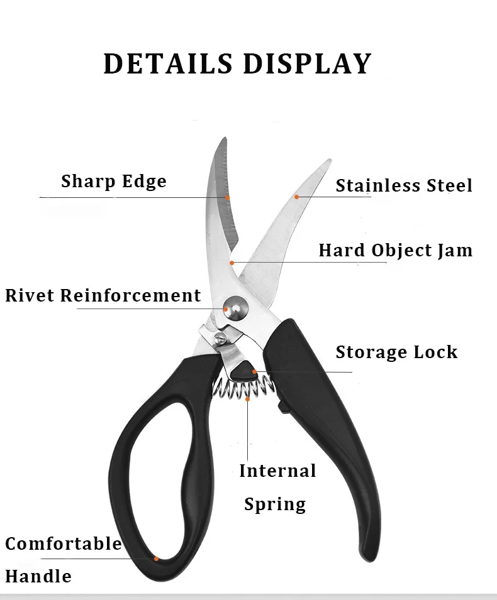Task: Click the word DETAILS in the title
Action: pos(168,63)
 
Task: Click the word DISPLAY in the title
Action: pos(307,63)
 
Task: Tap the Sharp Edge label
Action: pos(114,182)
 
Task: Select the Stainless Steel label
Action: pos(404,185)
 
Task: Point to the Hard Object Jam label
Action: pos(396,251)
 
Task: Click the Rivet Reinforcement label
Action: pos(103,295)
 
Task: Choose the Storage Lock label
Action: pos(396,352)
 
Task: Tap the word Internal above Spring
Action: pos(277,471)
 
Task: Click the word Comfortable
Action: pos(64,543)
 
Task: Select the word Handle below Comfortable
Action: pos(38,576)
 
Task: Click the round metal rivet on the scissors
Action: pos(235,308)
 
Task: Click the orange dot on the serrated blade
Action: pos(227,197)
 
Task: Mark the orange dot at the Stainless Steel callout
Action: pos(296,197)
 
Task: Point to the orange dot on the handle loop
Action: pos(157,559)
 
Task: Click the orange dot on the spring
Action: pos(247,399)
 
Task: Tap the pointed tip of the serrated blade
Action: pos(225,138)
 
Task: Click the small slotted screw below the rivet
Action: pos(220,337)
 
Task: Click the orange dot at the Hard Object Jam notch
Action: pos(232,263)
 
